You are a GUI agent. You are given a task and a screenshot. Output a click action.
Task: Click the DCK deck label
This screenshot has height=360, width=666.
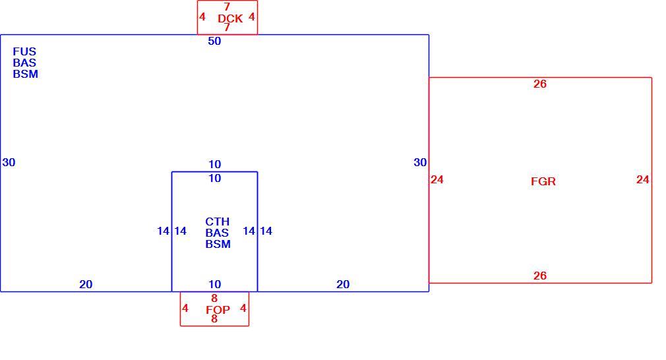pos(230,18)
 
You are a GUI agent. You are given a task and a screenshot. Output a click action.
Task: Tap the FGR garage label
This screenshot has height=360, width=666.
pos(543,181)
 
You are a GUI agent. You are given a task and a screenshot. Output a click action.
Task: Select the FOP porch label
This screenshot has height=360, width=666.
pos(218,310)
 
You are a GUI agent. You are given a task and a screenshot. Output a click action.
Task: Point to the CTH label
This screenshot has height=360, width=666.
pos(217,222)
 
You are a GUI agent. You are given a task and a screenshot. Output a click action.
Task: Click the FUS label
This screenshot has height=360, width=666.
pos(24,51)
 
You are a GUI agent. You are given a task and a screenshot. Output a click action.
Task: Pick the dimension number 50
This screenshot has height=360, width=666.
pos(214,41)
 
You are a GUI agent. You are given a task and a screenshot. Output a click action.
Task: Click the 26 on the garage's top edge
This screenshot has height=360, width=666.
pos(540,84)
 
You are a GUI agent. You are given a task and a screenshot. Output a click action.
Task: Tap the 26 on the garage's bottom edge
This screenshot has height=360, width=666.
pos(540,276)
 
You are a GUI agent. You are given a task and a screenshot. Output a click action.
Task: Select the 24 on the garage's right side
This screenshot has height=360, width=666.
pos(643,179)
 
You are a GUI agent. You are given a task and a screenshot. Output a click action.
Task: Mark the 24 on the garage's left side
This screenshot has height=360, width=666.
pos(437,179)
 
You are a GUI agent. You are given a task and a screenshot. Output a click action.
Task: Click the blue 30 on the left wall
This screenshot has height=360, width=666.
pos(9,162)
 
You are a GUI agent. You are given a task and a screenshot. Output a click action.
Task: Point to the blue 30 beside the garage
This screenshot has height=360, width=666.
pos(420,162)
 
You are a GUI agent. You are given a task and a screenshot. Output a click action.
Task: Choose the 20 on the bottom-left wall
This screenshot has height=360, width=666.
pos(86,284)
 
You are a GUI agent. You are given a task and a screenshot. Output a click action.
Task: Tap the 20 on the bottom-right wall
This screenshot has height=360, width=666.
pos(343,284)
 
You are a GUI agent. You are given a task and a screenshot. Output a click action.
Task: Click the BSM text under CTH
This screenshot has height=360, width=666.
pos(218,244)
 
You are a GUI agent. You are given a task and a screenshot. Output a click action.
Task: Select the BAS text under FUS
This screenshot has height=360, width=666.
pos(24,63)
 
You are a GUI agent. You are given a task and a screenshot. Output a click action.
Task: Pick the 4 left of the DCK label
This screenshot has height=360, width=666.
pos(202,16)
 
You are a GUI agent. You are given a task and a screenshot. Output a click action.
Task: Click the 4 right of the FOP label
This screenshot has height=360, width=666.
pos(243,308)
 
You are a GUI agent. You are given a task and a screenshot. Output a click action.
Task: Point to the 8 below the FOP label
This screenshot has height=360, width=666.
pos(214,319)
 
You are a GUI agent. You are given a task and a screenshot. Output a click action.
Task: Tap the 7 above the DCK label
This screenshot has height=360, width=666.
pos(227,7)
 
